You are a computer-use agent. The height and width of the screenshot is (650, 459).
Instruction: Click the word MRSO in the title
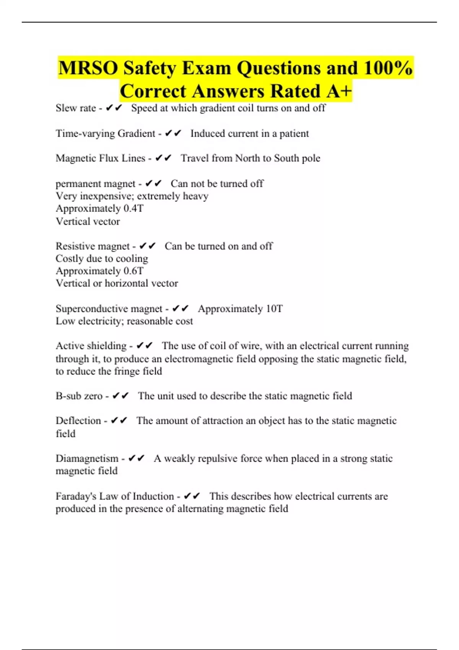[88, 68]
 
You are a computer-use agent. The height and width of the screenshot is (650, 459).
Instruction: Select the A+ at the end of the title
[339, 91]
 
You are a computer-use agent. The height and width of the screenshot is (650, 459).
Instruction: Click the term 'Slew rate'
[76, 108]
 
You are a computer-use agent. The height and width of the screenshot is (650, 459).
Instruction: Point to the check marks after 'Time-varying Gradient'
[173, 133]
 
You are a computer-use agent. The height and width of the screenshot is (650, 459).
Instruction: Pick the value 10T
[274, 309]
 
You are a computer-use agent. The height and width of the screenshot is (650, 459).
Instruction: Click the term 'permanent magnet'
[95, 184]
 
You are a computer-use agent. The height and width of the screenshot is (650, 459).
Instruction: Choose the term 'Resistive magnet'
[93, 246]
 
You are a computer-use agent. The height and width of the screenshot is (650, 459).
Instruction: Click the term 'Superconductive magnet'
[109, 309]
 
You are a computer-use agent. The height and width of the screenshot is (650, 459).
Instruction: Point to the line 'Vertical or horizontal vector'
[117, 283]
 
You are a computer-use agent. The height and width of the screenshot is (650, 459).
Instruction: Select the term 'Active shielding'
[91, 346]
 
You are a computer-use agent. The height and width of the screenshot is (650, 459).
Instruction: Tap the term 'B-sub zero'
[79, 396]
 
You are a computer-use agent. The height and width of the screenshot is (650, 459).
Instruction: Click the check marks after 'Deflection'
[119, 421]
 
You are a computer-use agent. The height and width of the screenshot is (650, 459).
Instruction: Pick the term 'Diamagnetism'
[87, 458]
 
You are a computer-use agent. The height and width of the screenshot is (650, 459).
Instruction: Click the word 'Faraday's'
[76, 496]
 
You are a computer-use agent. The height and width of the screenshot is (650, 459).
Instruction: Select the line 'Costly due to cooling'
[102, 259]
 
